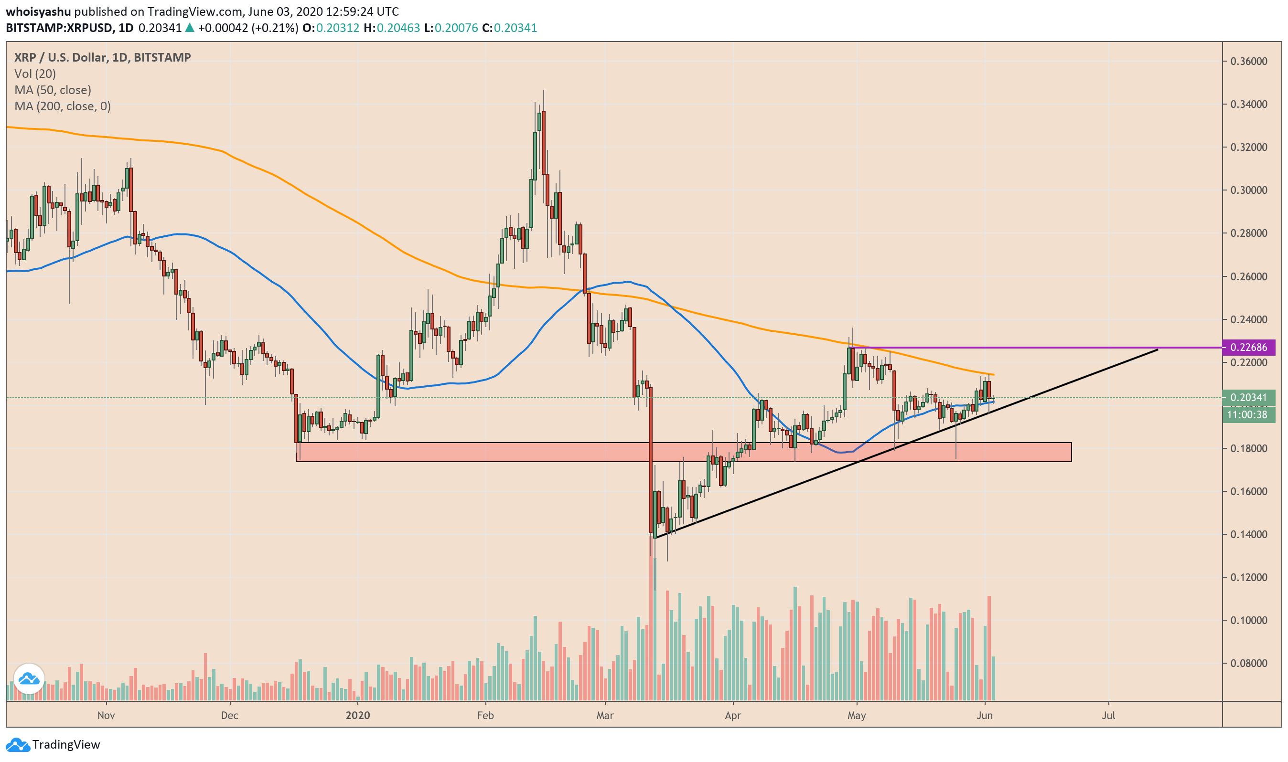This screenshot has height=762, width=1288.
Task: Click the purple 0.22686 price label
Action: (1248, 348)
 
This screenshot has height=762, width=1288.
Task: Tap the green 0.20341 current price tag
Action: (1248, 398)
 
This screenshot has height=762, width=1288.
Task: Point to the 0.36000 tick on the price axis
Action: (1248, 62)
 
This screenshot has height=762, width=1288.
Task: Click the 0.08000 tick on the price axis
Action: (1248, 664)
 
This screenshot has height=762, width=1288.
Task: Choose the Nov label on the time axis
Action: (106, 716)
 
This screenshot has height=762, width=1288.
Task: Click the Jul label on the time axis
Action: (1108, 716)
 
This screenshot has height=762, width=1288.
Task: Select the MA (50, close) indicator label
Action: (53, 90)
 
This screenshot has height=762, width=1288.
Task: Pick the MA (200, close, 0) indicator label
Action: (63, 107)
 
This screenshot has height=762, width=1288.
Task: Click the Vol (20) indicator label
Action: (35, 74)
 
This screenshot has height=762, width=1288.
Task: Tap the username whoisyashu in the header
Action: (38, 11)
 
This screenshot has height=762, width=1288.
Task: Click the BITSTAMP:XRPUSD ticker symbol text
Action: (59, 28)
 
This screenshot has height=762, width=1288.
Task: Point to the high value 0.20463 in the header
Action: (398, 28)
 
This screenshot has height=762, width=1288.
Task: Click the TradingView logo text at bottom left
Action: (66, 745)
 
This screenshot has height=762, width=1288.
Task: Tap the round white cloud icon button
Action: (29, 679)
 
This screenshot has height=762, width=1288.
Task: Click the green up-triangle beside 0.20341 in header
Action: (190, 28)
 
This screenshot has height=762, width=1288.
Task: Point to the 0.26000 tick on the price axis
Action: (1248, 277)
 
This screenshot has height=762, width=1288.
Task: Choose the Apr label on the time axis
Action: (733, 716)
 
